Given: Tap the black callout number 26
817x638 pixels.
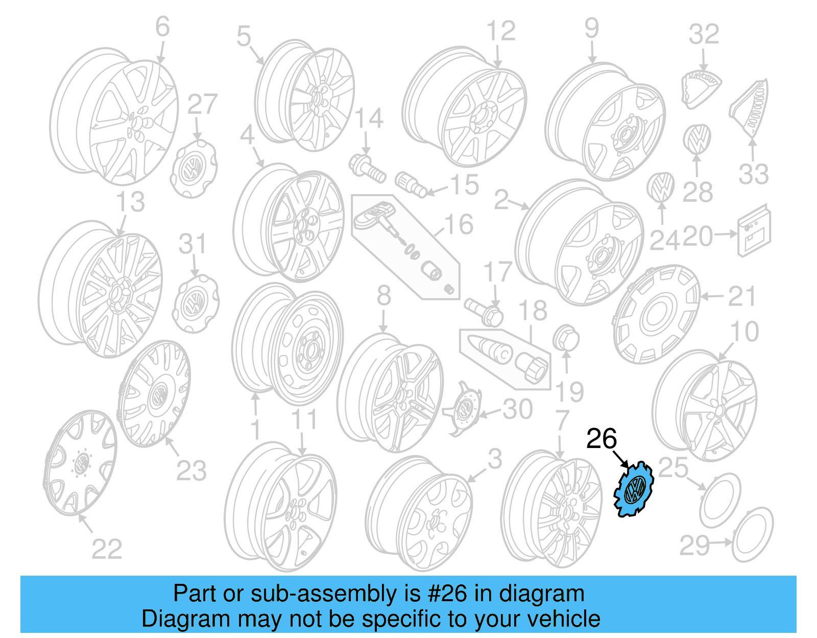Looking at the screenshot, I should [602, 439].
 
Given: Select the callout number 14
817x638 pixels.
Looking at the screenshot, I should [369, 119].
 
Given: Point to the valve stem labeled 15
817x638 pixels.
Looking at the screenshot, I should [412, 184].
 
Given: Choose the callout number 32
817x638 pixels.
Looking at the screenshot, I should [704, 34].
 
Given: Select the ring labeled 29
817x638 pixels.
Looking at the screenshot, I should [753, 534].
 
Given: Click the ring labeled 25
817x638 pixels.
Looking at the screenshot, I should [719, 501].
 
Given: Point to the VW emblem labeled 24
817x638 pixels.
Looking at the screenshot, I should [661, 187].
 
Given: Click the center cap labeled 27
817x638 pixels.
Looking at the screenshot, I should [193, 169].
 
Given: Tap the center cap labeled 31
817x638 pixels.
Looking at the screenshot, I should [196, 303].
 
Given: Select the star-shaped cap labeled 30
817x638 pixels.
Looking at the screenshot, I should [464, 409].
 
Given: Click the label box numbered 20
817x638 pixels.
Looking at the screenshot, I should [753, 230].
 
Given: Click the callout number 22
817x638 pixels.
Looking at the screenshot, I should [107, 550].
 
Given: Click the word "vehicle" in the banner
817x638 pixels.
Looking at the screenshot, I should [564, 619].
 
